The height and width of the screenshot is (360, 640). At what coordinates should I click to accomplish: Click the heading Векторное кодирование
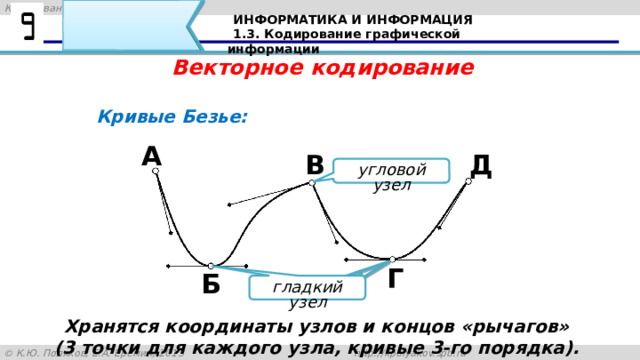(323, 68)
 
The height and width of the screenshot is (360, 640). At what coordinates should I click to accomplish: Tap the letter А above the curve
(152, 156)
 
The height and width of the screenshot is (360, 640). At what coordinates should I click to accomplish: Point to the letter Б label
(211, 285)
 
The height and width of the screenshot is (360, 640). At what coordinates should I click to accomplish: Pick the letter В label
(316, 165)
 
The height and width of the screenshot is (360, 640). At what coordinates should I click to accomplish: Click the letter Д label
(480, 165)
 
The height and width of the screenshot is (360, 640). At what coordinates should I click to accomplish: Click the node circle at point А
(156, 172)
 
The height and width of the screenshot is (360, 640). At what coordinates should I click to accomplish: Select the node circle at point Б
(211, 266)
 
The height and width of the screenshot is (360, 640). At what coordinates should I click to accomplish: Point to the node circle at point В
(312, 183)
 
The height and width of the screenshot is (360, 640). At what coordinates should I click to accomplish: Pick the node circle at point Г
(393, 260)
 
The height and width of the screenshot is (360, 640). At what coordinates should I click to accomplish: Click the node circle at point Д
(468, 182)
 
